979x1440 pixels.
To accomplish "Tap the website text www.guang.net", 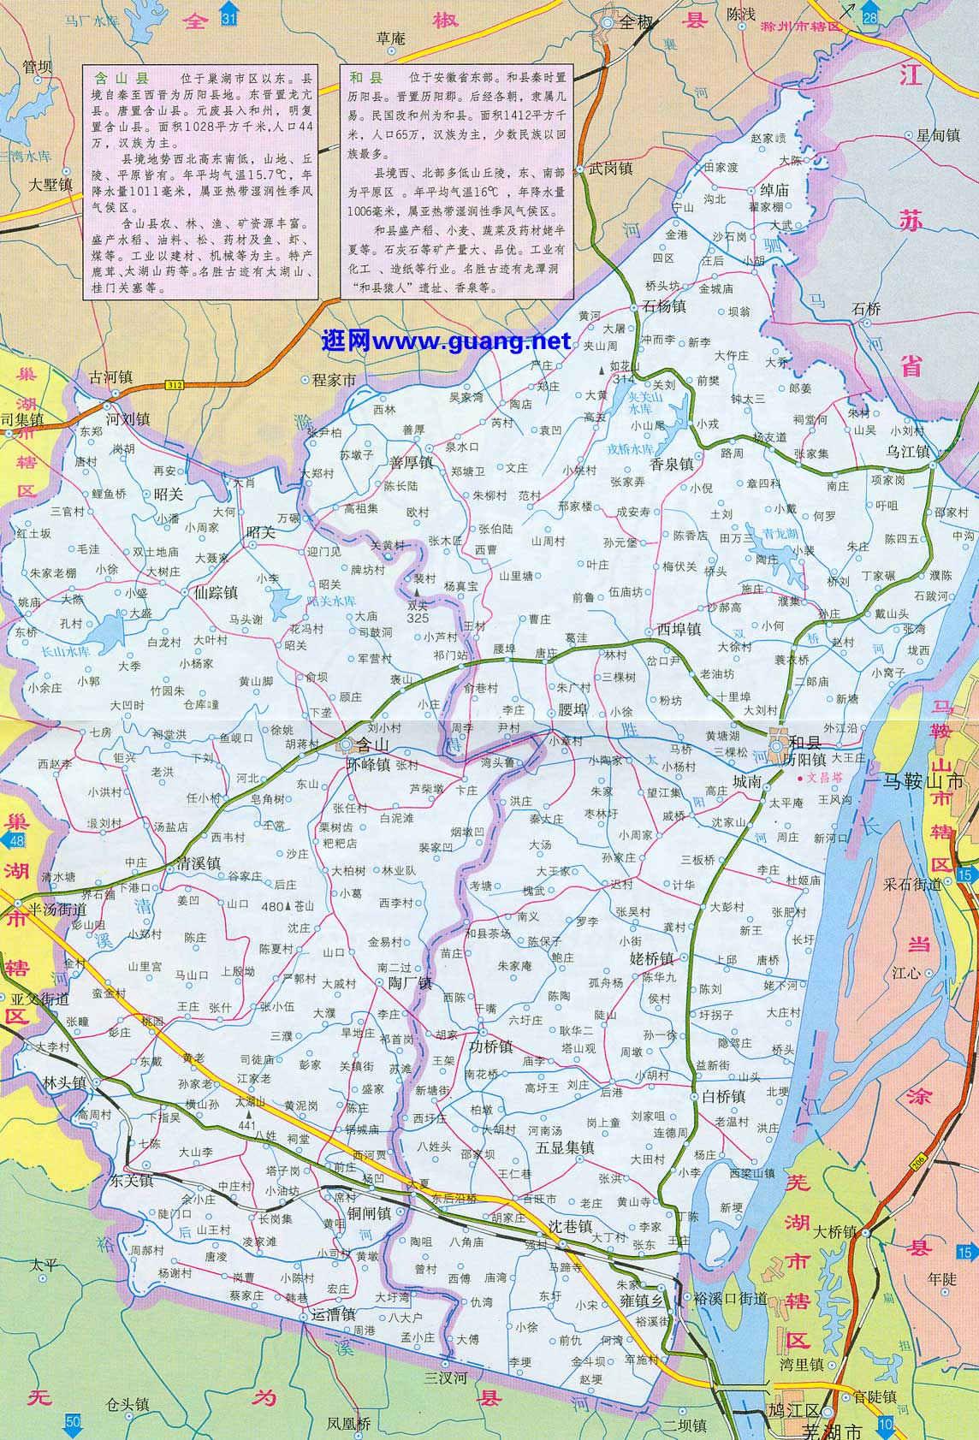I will pos(446,341).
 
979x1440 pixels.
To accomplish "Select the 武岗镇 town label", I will pos(610,169).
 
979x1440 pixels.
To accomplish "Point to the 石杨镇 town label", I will pos(665,306).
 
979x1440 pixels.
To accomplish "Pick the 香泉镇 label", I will pos(672,463).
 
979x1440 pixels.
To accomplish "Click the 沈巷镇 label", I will pos(571,1226).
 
